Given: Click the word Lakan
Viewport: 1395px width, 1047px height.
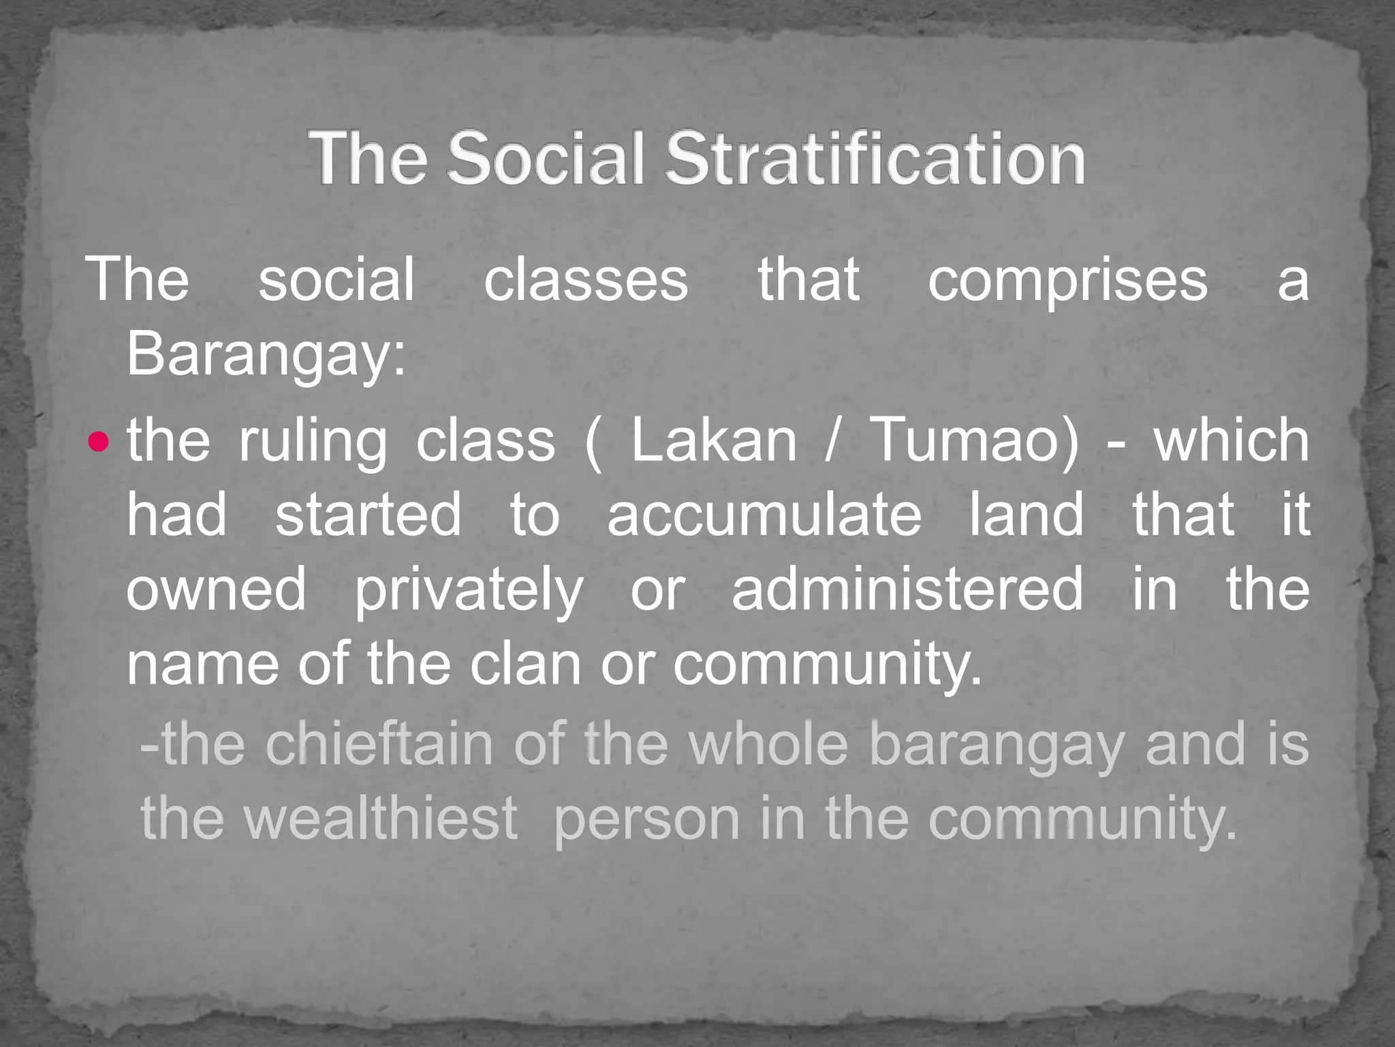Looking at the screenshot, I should [x=713, y=440].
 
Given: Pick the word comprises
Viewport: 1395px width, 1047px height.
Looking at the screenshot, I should [x=1067, y=280].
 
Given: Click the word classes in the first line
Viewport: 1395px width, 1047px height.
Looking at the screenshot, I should [x=586, y=280].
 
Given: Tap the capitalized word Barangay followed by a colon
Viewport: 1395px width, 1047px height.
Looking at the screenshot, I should [x=266, y=354].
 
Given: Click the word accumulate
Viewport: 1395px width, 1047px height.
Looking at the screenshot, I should [x=764, y=515].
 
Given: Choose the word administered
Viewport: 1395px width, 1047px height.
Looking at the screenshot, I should [x=907, y=589].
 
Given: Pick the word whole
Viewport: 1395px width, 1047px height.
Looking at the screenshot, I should [x=768, y=744].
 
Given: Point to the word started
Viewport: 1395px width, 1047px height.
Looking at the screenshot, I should [x=369, y=515].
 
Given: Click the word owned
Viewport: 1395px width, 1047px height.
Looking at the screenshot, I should [x=216, y=589].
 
